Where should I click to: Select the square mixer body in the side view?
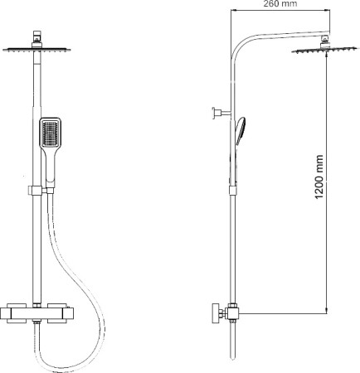(233, 312)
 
